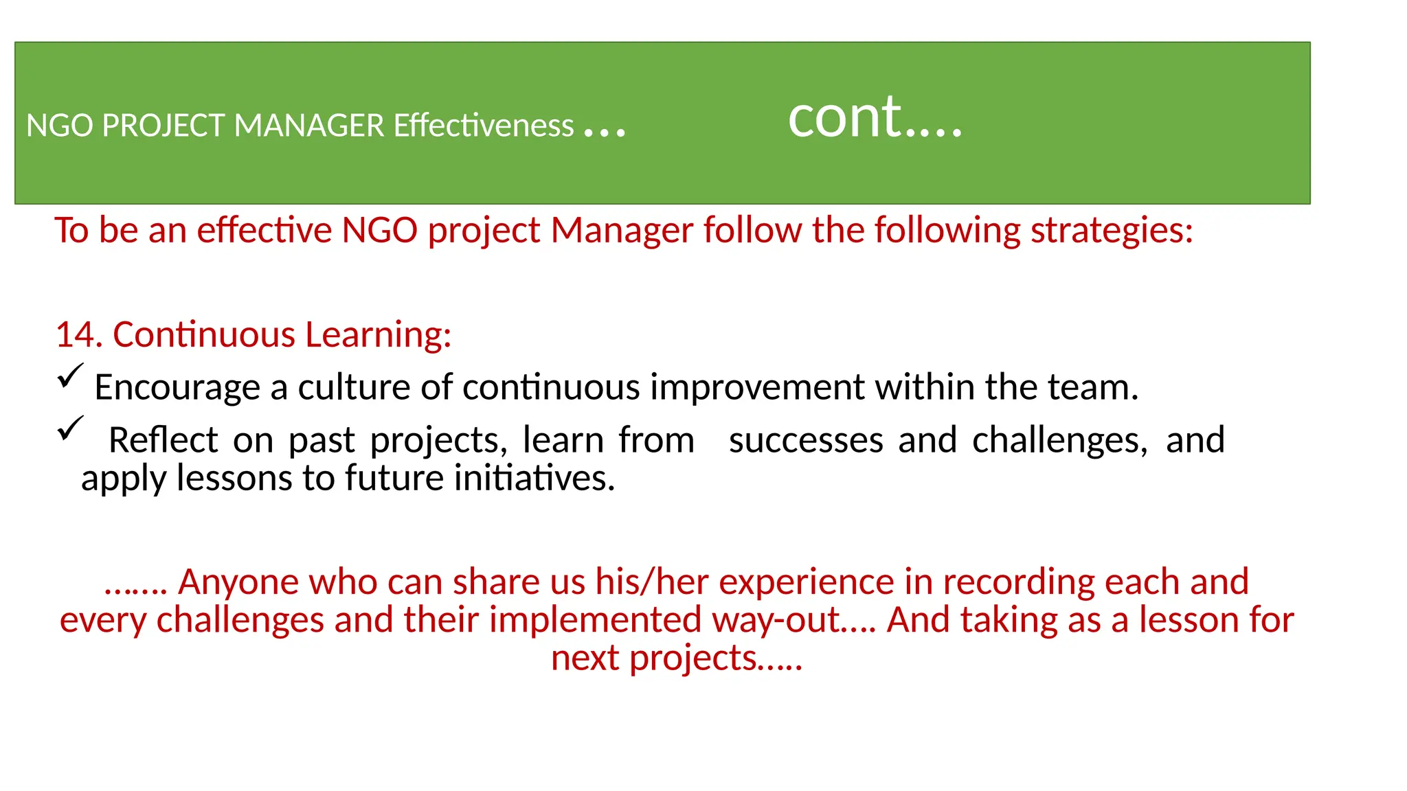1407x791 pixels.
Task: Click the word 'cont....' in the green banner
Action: [x=875, y=118]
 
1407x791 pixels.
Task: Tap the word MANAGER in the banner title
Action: [x=309, y=126]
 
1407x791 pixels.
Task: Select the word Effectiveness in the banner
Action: [x=483, y=126]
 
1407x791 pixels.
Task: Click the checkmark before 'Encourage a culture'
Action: [x=69, y=376]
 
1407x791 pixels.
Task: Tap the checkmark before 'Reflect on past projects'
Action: [x=69, y=428]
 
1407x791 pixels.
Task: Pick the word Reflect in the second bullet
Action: [x=164, y=440]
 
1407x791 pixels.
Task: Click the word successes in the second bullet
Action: [x=806, y=440]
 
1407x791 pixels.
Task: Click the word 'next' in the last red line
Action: [x=585, y=658]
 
